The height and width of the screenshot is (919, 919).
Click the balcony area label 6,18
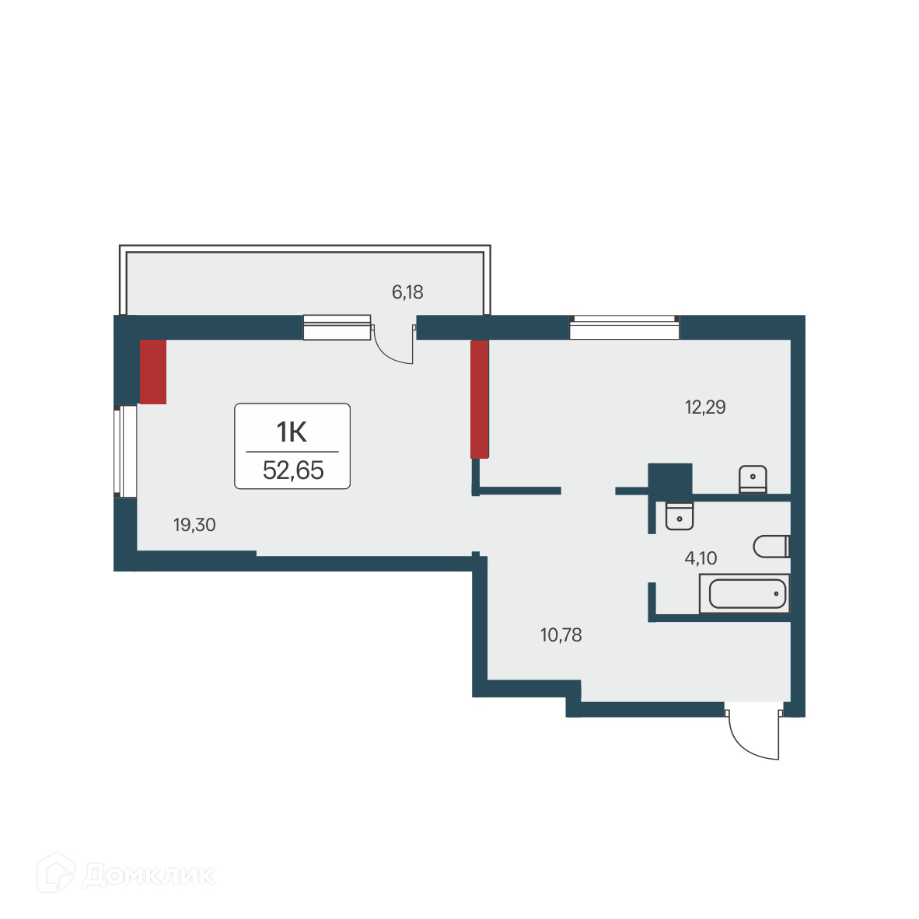pos(407,292)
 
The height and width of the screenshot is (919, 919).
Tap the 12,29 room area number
pos(705,407)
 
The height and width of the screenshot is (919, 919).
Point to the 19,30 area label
pos(194,526)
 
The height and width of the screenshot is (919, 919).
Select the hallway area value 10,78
pos(561,635)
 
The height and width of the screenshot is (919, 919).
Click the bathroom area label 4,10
pos(701,557)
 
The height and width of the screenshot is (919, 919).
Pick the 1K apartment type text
pos(292,432)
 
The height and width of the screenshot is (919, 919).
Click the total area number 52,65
pos(292,470)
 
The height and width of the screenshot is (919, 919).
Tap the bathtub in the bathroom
pos(745,594)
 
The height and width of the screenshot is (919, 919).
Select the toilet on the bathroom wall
pos(770,547)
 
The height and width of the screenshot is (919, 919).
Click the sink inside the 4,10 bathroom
pos(680,515)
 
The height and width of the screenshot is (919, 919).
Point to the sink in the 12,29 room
pos(753,479)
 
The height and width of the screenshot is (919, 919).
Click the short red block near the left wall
pos(153,372)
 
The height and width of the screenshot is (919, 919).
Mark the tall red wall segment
pos(479,399)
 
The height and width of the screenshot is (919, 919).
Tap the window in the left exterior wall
pos(125,451)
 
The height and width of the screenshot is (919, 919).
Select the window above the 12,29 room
pos(624,328)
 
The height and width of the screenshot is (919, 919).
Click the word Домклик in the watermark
pos(148,875)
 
